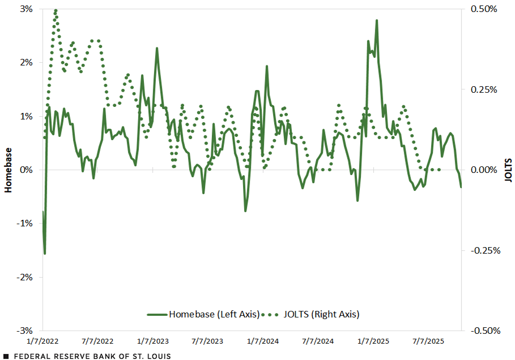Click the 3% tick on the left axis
[26, 9]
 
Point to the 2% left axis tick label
[26, 63]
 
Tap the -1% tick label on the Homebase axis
[25, 224]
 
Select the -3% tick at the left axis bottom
[25, 331]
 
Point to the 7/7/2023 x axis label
[208, 341]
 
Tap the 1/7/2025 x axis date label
[373, 341]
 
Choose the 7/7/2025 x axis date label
[429, 341]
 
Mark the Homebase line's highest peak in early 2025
[377, 21]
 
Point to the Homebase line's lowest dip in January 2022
[45, 253]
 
